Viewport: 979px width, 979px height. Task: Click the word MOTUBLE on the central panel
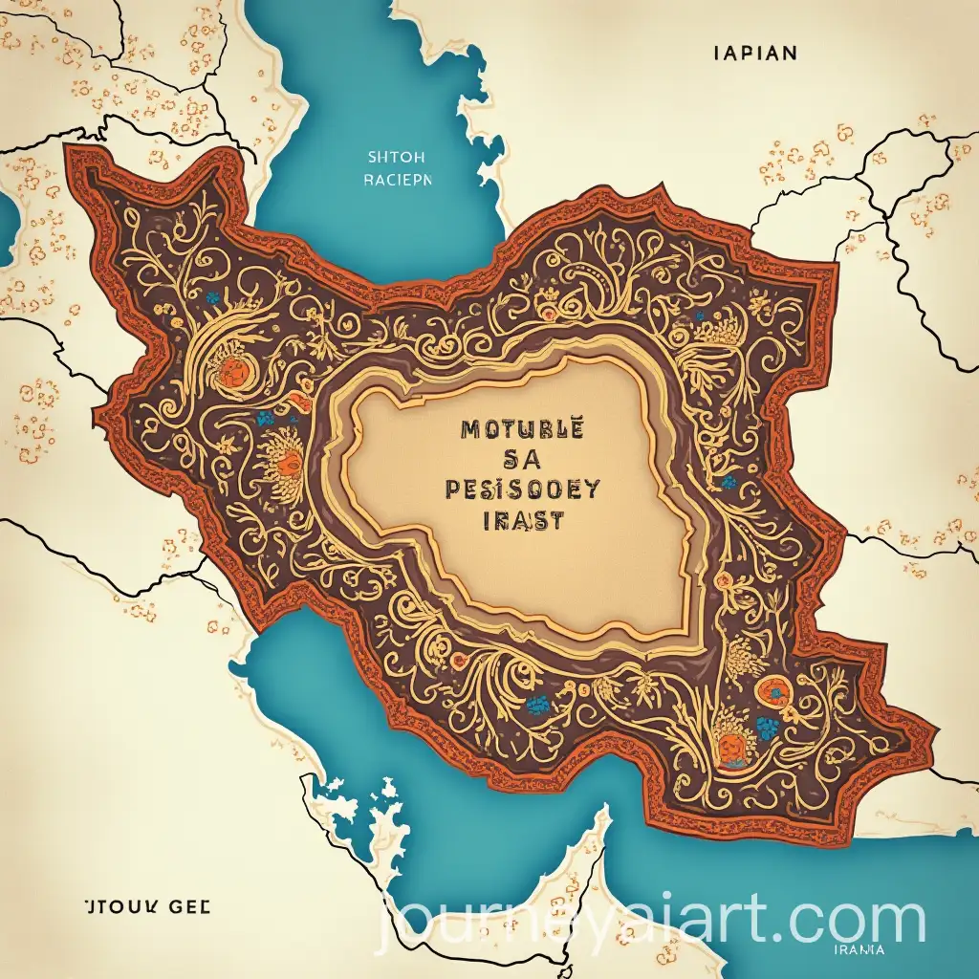coord(521,430)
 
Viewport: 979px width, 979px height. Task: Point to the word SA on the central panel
coord(522,460)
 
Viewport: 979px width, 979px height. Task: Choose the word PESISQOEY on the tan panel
coord(522,489)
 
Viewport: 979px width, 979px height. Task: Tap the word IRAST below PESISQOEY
coord(521,521)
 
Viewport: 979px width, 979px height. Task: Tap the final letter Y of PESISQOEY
coord(592,489)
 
